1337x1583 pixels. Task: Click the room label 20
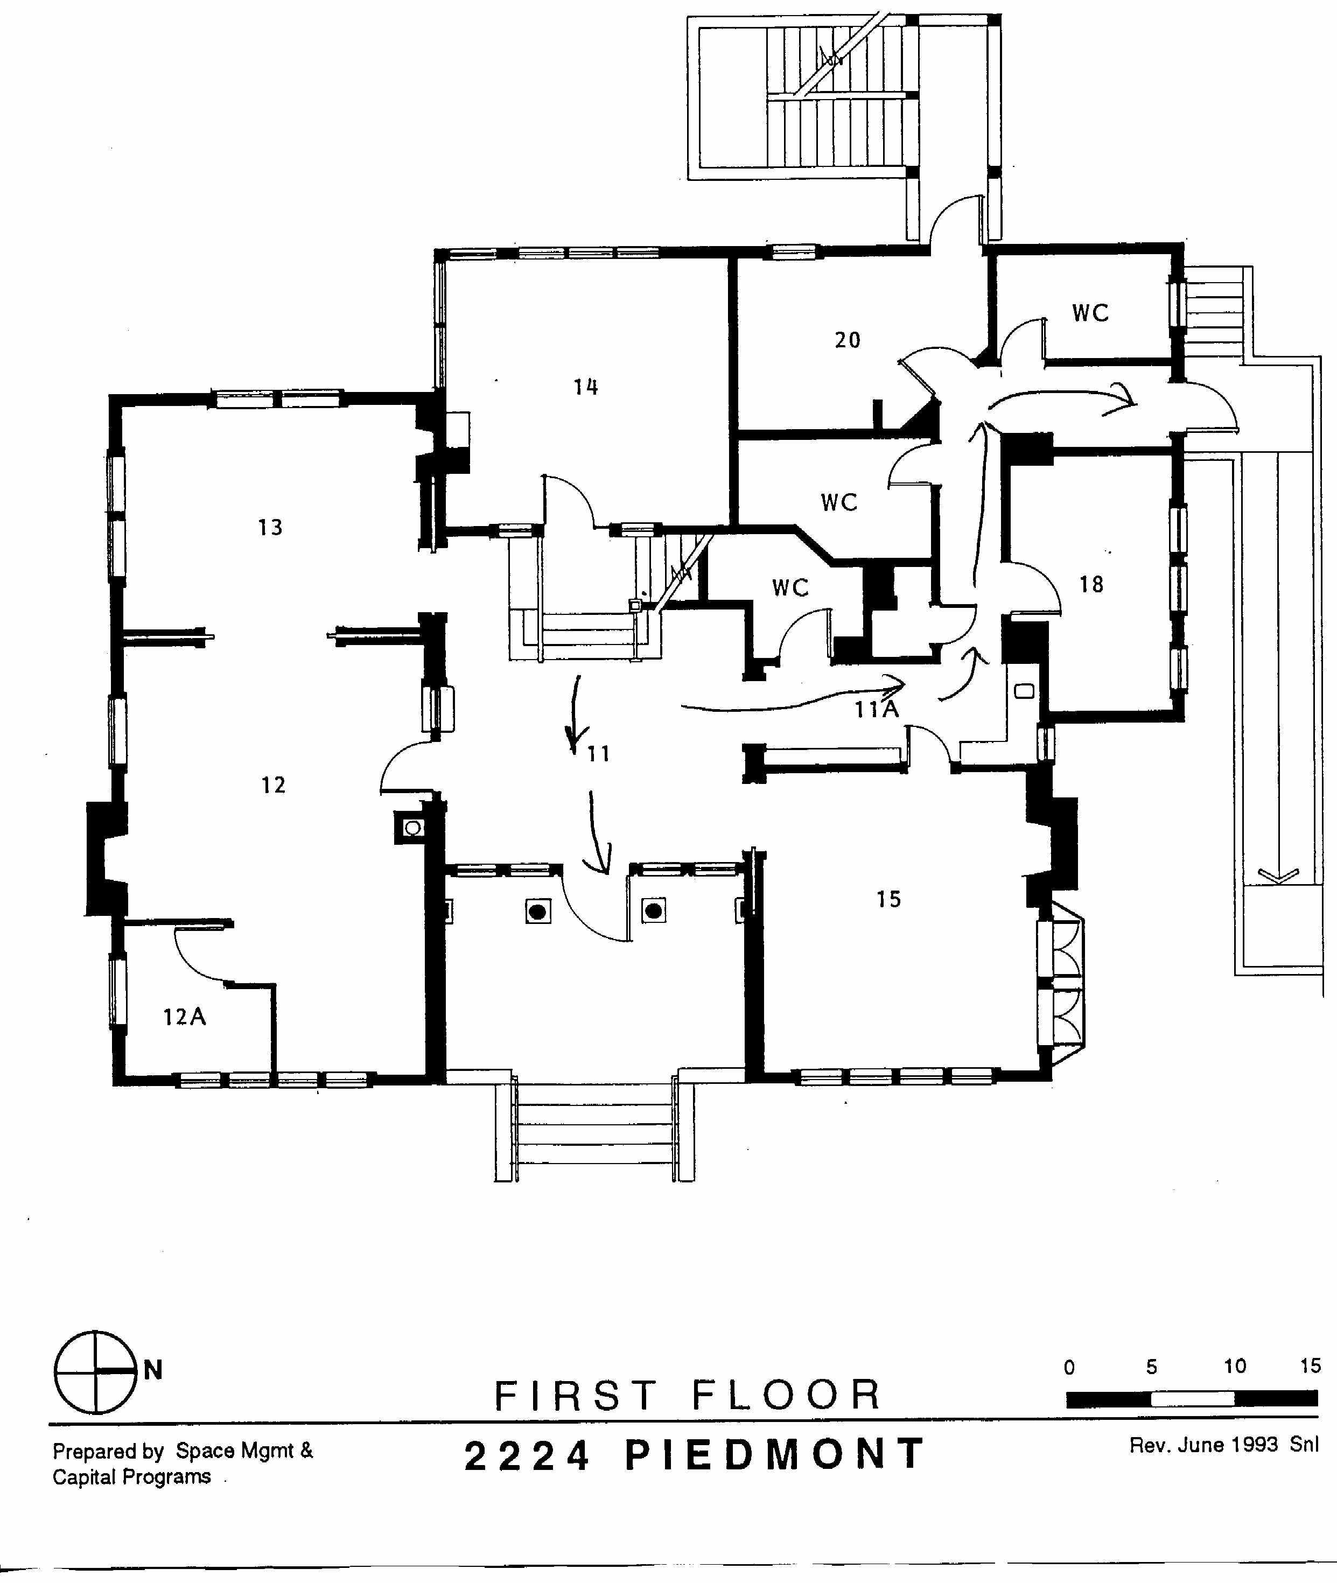click(x=848, y=340)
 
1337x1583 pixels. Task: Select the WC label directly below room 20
click(x=839, y=502)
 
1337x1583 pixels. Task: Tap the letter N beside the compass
click(x=153, y=1370)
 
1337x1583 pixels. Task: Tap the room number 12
click(x=274, y=785)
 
